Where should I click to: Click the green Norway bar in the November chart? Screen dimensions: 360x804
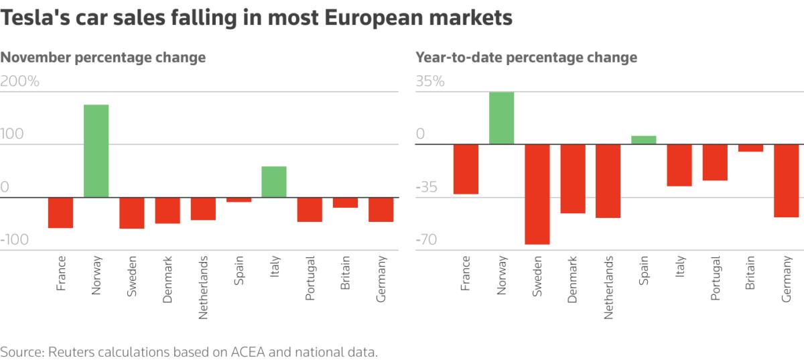[96, 151]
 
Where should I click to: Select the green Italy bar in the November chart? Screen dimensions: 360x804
[274, 182]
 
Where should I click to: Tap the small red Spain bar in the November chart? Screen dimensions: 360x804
[239, 200]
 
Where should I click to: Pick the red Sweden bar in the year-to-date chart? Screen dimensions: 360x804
[537, 194]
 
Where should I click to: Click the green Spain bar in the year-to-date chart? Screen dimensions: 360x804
[644, 140]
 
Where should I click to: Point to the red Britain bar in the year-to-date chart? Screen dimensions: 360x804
[750, 148]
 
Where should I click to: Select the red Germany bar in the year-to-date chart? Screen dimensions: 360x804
[786, 180]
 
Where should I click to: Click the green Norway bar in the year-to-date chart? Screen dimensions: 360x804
[502, 118]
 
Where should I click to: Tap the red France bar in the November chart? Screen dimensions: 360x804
[60, 213]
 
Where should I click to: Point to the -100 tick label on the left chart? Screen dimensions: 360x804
[20, 240]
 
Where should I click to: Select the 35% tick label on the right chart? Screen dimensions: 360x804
[430, 82]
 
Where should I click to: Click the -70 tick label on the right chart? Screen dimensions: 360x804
[429, 240]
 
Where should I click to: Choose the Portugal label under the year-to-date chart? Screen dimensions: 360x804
[716, 278]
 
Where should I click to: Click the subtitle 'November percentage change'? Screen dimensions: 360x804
[103, 58]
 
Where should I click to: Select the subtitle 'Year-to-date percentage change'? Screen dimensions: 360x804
[527, 58]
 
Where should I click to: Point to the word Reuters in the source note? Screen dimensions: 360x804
[74, 351]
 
